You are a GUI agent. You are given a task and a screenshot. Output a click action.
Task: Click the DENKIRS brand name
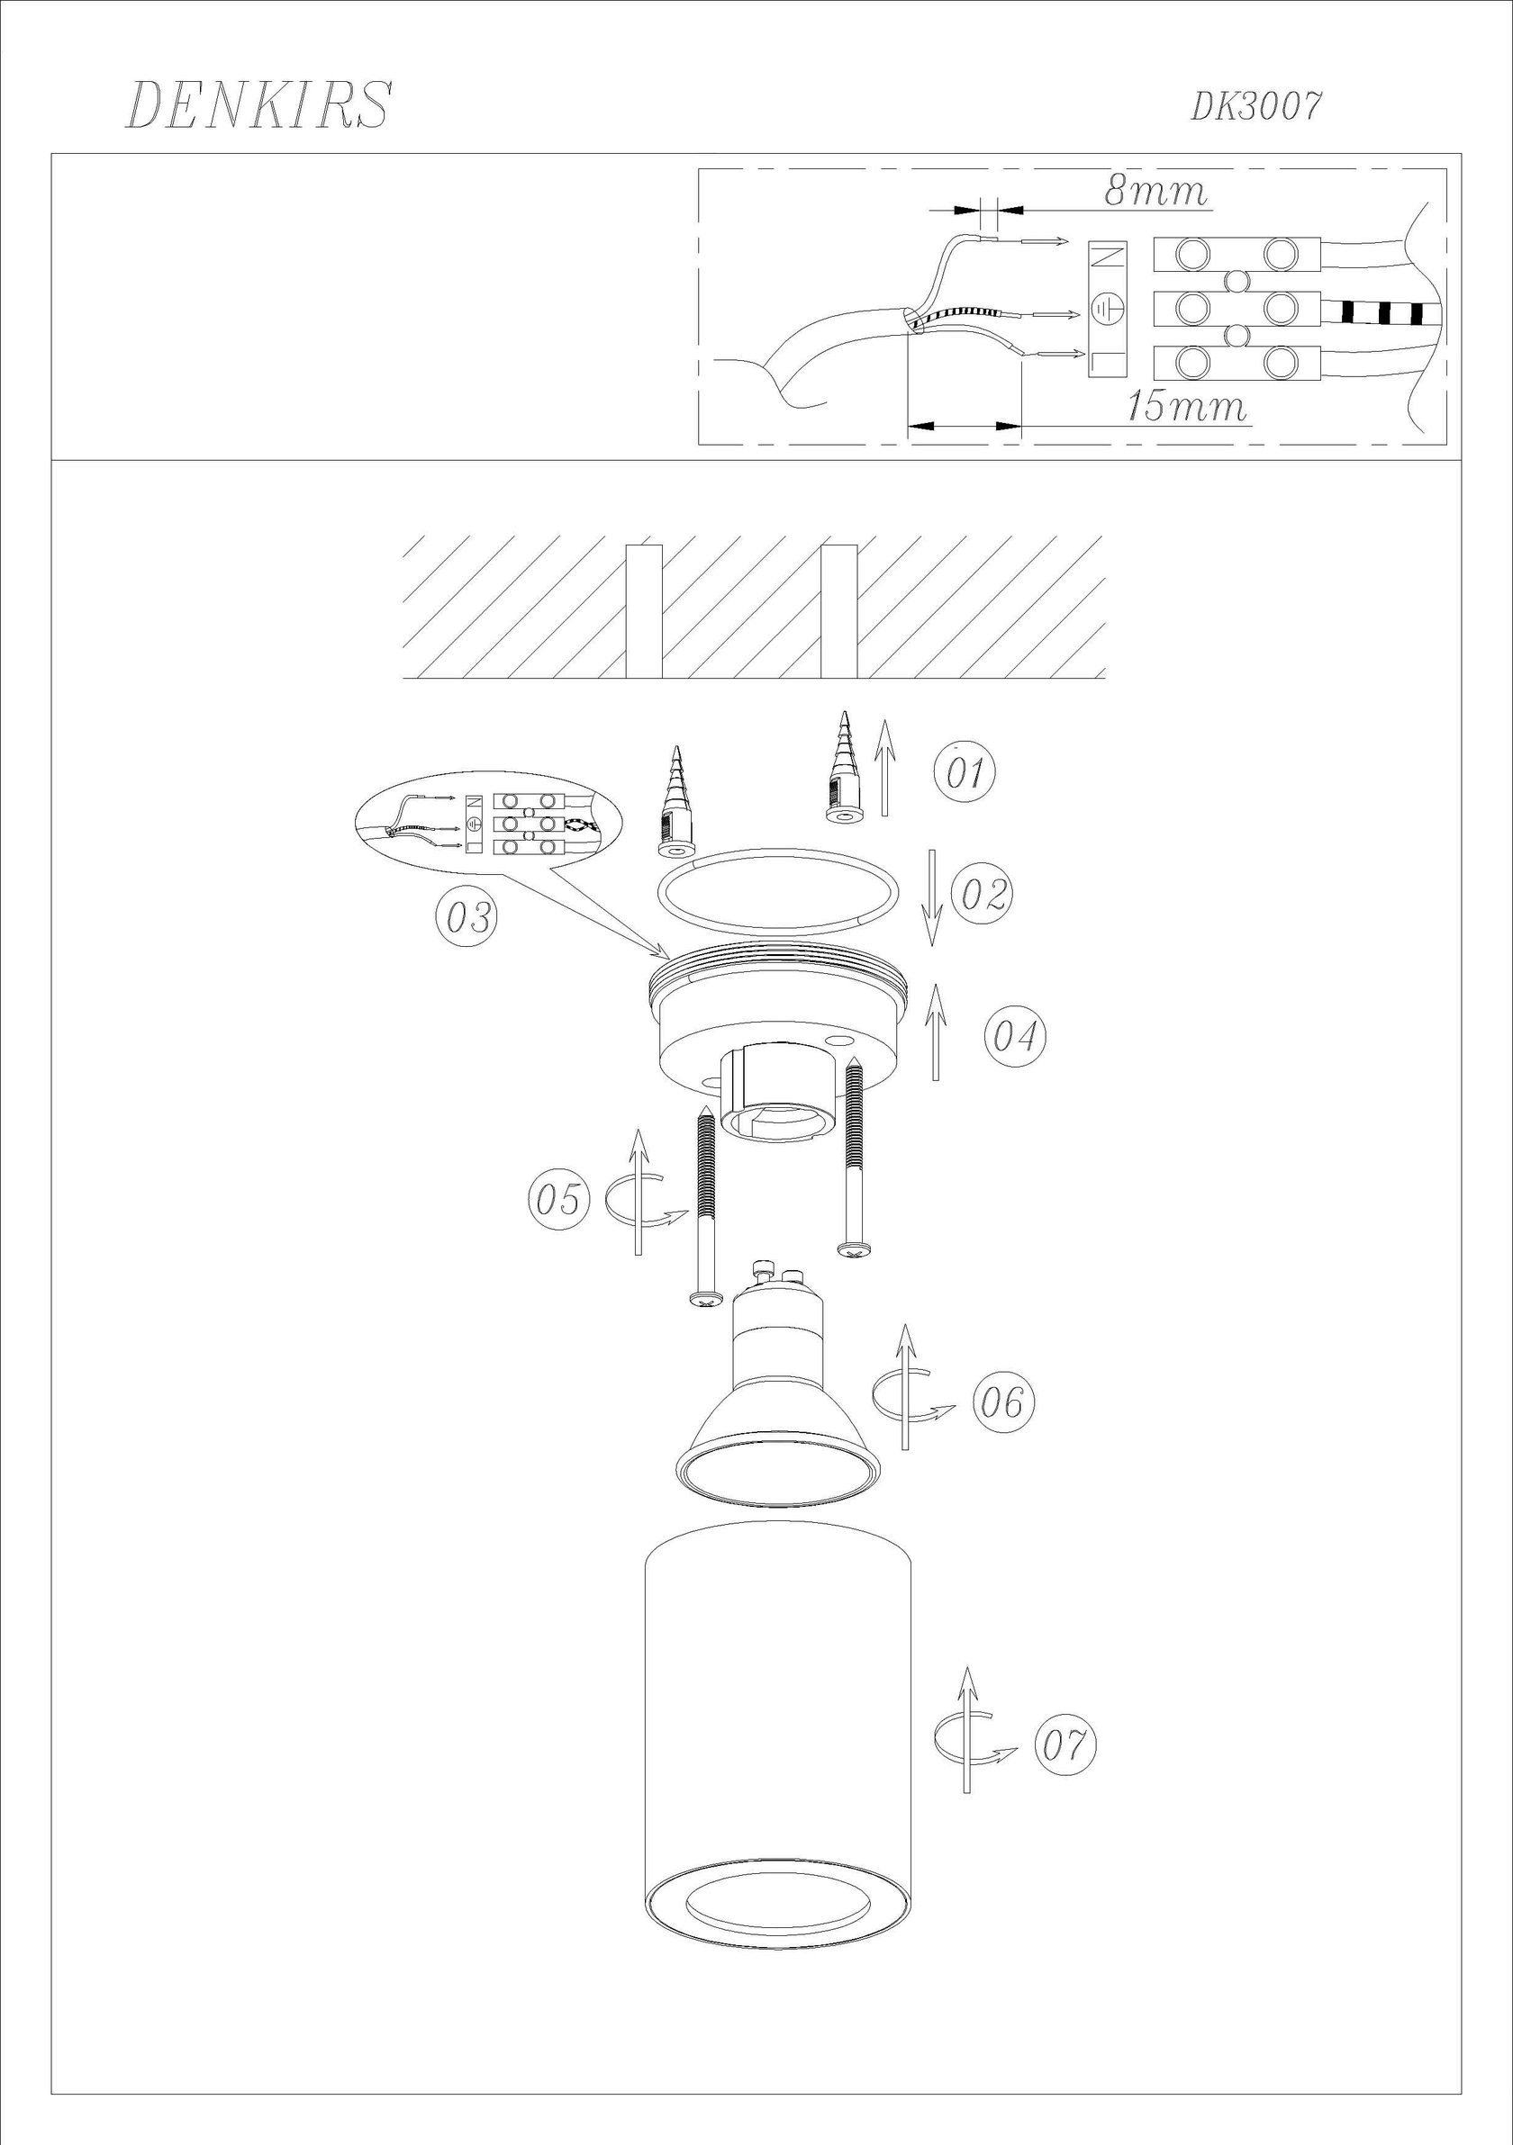click(258, 104)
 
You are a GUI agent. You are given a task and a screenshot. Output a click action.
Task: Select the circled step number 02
click(982, 894)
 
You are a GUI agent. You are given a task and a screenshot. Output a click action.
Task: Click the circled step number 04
click(1014, 1035)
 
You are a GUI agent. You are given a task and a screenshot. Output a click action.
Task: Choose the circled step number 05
click(559, 1200)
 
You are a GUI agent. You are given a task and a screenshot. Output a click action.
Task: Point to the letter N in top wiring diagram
click(1109, 257)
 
